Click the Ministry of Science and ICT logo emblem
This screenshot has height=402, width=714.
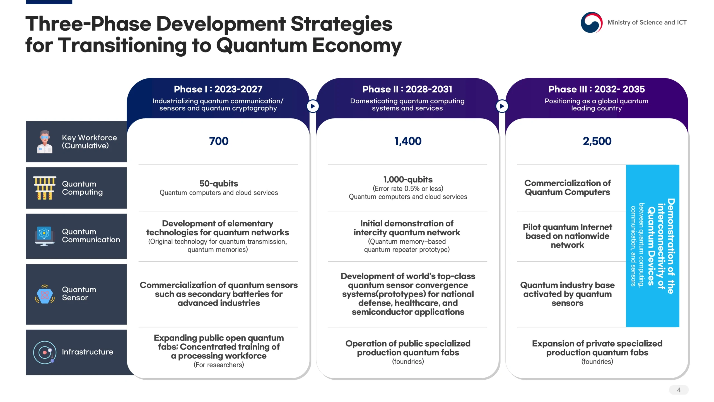[591, 22]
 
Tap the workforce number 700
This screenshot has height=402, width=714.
[219, 141]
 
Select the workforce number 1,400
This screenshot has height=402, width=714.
[408, 141]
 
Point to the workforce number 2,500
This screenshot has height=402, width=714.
[597, 141]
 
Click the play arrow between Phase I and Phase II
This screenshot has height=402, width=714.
[313, 106]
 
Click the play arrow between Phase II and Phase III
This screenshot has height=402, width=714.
[502, 106]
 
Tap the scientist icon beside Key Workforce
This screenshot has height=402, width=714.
[45, 142]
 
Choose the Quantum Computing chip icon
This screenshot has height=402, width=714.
[45, 188]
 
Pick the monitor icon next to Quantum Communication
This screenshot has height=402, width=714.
[44, 236]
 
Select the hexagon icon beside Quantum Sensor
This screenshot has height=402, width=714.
[45, 294]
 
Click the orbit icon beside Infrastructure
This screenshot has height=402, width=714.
[45, 352]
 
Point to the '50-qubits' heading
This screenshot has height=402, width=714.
[219, 183]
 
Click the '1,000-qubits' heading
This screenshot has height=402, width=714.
[408, 179]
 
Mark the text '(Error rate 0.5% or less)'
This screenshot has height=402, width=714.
[408, 189]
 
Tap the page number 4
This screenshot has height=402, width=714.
[679, 390]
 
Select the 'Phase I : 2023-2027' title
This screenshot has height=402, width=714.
[218, 89]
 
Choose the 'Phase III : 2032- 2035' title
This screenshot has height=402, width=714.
[597, 89]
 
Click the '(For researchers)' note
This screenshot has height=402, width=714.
[219, 365]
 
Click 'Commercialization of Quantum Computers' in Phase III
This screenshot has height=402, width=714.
[567, 188]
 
